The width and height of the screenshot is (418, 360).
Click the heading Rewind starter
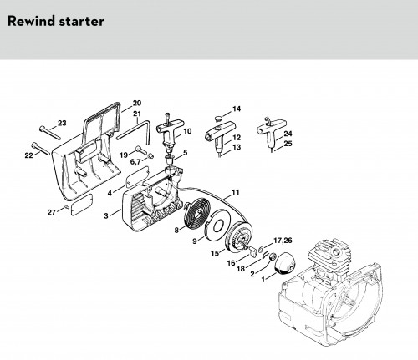[x=56, y=21]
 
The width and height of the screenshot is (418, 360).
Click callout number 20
[x=137, y=103]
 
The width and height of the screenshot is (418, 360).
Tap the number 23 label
[x=62, y=123]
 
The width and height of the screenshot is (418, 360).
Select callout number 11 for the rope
[x=236, y=192]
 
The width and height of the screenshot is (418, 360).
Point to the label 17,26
[x=283, y=240]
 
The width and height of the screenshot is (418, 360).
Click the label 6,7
[x=135, y=161]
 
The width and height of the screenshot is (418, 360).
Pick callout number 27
[x=52, y=212]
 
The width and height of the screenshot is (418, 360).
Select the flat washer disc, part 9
[x=218, y=224]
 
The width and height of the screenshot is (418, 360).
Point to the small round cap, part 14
[x=218, y=119]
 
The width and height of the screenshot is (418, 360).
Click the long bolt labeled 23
[x=50, y=133]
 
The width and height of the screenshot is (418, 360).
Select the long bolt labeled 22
[x=41, y=149]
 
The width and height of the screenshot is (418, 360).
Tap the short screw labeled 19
[x=140, y=150]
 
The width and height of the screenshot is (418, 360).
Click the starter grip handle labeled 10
[x=168, y=133]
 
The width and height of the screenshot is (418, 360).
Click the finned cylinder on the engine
[x=331, y=254]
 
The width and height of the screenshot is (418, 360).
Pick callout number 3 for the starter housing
[x=106, y=215]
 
